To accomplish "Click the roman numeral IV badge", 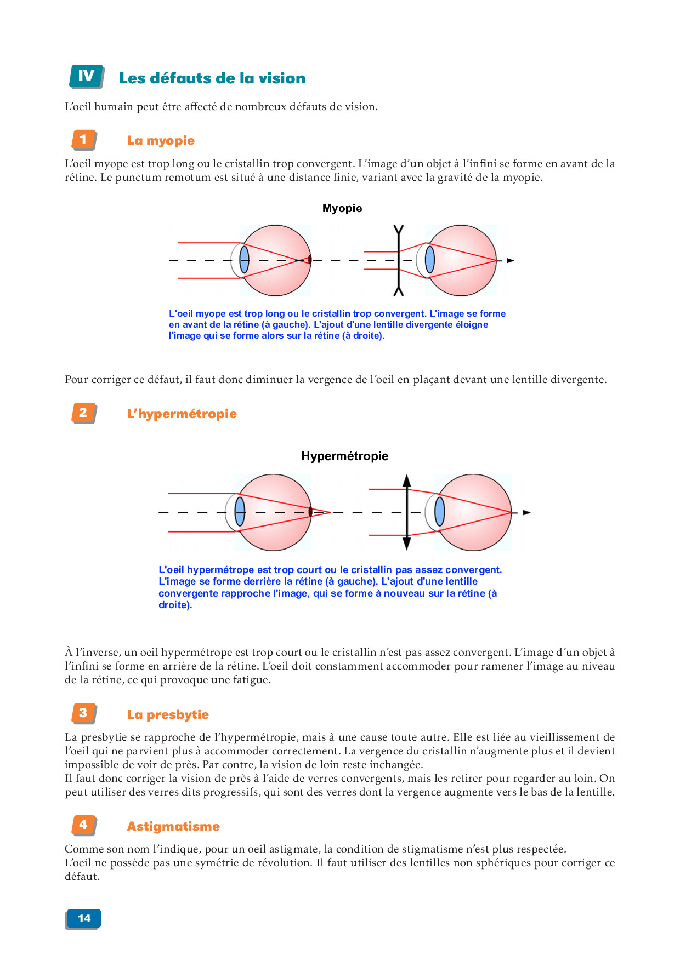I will coord(86,76).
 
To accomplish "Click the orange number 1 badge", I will coord(83,139).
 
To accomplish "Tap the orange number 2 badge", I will coord(83,413).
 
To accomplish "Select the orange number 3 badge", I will coord(83,713).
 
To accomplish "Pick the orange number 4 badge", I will coord(83,825).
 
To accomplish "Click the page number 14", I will coord(84,919).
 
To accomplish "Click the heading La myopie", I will coord(161,140).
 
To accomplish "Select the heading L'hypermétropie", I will coord(182,414).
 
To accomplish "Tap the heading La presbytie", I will coord(168,714).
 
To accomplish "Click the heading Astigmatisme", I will coord(173,826).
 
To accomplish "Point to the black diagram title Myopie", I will coord(342,208).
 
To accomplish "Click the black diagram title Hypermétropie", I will coord(344,456).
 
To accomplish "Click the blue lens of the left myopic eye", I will coord(245,260).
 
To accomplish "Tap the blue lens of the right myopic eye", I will coord(430,260).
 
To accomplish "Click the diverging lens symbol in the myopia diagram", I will coord(399,260).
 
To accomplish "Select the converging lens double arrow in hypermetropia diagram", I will coord(406,512).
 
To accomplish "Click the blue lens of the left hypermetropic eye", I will coord(240,512).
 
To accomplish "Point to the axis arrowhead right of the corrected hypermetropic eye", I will coord(526,513).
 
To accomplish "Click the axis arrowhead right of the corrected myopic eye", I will coord(511,261).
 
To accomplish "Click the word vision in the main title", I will coord(282,78).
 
